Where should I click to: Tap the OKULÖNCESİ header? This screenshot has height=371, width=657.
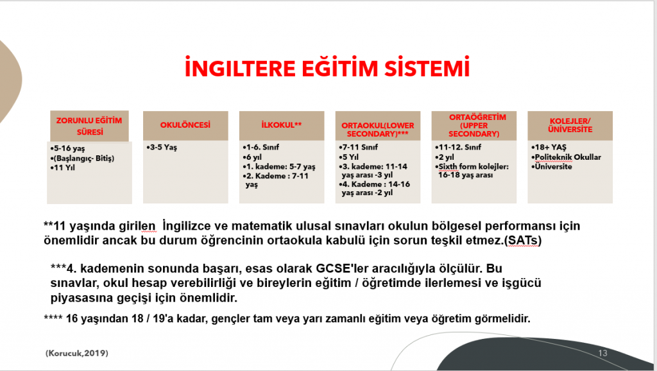click(x=185, y=125)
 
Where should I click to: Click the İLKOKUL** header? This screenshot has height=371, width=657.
click(x=281, y=125)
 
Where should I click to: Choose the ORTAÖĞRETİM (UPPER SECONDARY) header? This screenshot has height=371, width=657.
click(x=474, y=125)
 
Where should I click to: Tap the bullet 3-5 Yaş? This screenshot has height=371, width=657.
click(x=162, y=148)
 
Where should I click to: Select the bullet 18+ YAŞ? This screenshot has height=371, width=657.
click(x=547, y=148)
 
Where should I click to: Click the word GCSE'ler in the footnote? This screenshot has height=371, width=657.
click(x=341, y=267)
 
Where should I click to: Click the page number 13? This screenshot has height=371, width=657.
click(x=602, y=353)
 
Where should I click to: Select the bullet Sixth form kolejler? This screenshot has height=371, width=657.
click(x=474, y=167)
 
